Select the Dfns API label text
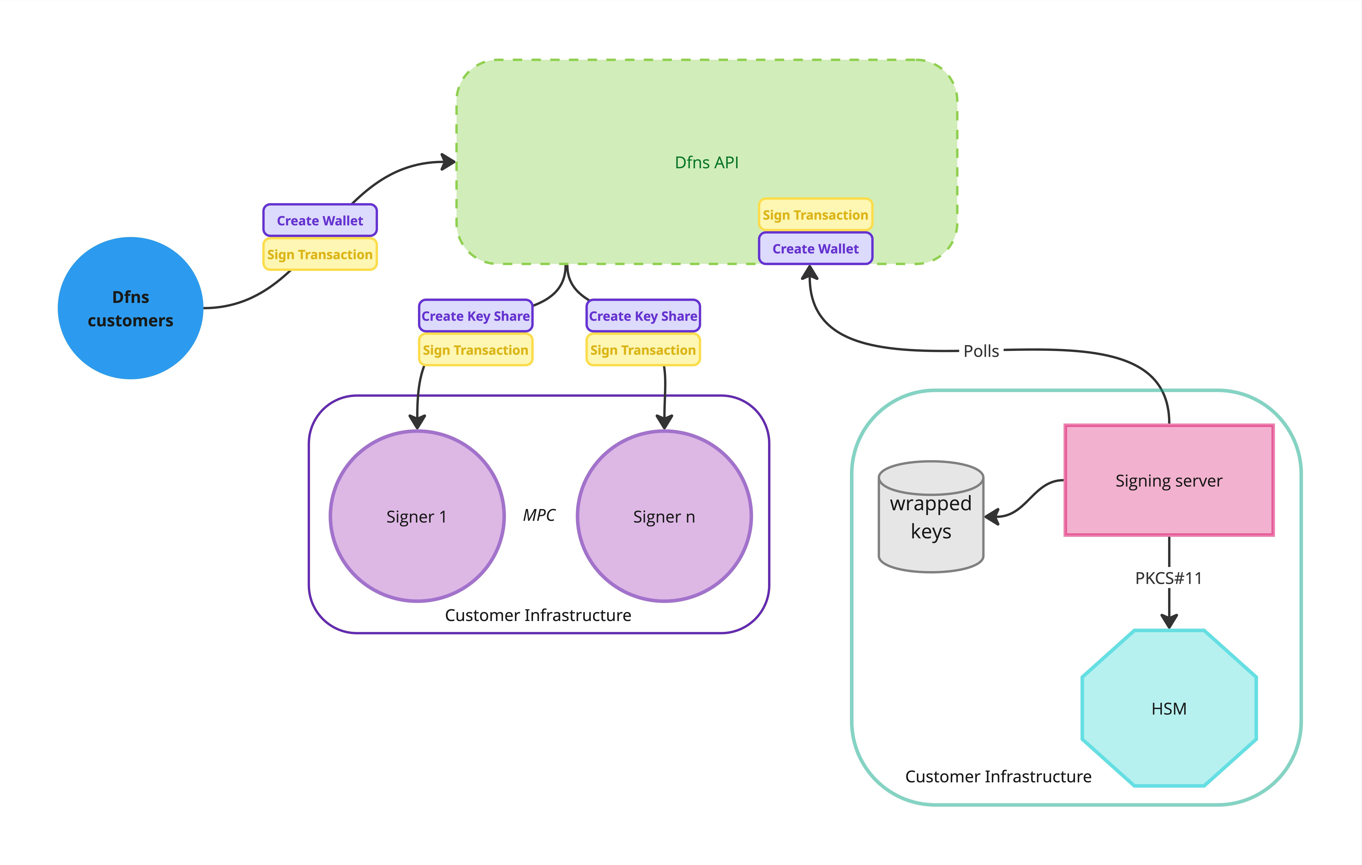click(707, 163)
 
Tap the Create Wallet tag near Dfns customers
click(320, 221)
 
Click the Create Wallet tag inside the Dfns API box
click(815, 249)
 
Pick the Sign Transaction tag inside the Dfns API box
click(815, 215)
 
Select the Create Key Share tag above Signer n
click(643, 316)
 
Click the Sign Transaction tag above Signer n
click(643, 350)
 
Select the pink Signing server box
click(1169, 480)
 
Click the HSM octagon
click(1169, 708)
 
